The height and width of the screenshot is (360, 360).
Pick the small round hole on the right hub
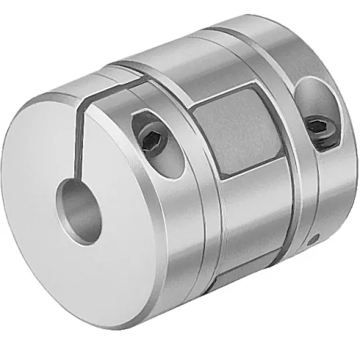tap(314, 240)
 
